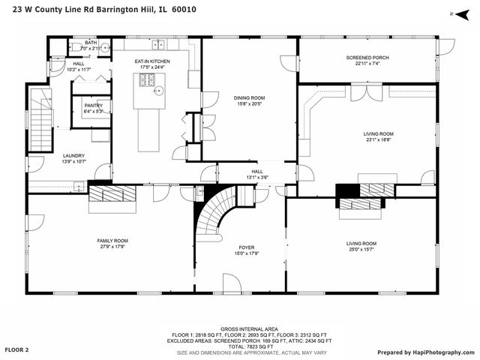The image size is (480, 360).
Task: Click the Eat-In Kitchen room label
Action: click(x=152, y=61)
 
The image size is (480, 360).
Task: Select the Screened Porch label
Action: click(x=367, y=57)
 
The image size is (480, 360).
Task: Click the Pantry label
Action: click(x=93, y=106)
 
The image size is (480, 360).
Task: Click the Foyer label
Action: click(x=247, y=247)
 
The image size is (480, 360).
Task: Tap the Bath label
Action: click(x=91, y=43)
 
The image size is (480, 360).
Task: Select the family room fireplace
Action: click(x=112, y=195)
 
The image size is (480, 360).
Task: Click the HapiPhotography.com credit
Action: click(x=425, y=351)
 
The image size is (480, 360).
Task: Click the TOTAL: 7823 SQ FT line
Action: click(x=239, y=346)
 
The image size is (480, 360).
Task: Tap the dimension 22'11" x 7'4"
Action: click(x=367, y=63)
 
